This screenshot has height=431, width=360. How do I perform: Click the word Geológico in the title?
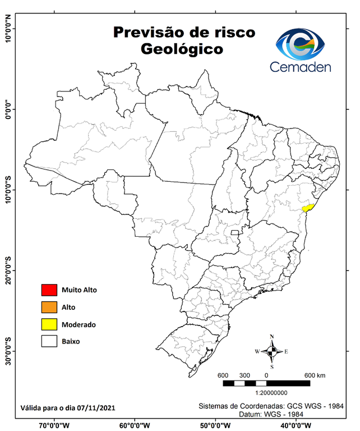pos(182,49)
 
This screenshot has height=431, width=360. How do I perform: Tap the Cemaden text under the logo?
pos(301,67)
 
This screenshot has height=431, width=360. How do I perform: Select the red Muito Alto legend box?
pos(49,290)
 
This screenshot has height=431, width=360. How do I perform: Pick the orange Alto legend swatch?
pos(49,307)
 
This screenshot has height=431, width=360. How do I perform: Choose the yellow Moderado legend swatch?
pos(49,324)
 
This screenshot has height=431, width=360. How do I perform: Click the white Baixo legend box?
pos(49,341)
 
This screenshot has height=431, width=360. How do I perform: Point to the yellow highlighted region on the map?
pos(307,207)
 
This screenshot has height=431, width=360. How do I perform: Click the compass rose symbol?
pos(271,351)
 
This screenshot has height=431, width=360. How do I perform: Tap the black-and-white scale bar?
pos(266,383)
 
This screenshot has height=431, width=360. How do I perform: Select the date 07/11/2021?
pos(96,408)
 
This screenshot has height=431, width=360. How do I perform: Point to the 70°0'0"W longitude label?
pos(54,425)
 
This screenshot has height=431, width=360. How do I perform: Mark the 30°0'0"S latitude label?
pos(8,351)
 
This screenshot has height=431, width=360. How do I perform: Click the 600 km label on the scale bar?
pos(315,375)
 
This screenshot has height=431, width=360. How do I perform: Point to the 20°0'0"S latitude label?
pos(8,270)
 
